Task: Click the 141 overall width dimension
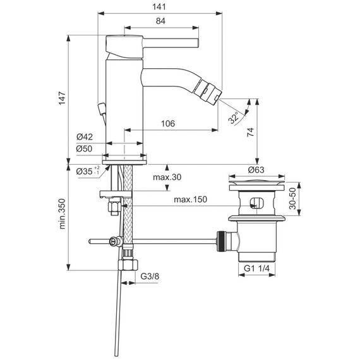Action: tap(159, 7)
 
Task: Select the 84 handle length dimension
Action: tap(160, 21)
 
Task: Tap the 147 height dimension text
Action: tap(62, 99)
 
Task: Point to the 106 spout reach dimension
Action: tap(168, 124)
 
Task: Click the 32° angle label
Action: tap(234, 118)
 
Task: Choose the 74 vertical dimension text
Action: tap(250, 132)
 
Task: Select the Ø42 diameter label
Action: tap(85, 137)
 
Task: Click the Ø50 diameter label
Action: tap(84, 148)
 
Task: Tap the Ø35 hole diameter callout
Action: tap(88, 171)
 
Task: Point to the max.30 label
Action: tap(167, 177)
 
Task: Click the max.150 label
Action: tap(190, 200)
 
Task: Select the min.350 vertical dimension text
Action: tap(63, 213)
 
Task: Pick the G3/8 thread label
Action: tap(150, 276)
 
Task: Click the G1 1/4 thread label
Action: tap(256, 268)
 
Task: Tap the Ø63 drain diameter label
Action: tap(256, 170)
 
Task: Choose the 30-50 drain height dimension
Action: tap(292, 198)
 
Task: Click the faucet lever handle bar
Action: tap(171, 43)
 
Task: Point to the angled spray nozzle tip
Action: tap(207, 91)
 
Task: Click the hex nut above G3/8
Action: tap(128, 265)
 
